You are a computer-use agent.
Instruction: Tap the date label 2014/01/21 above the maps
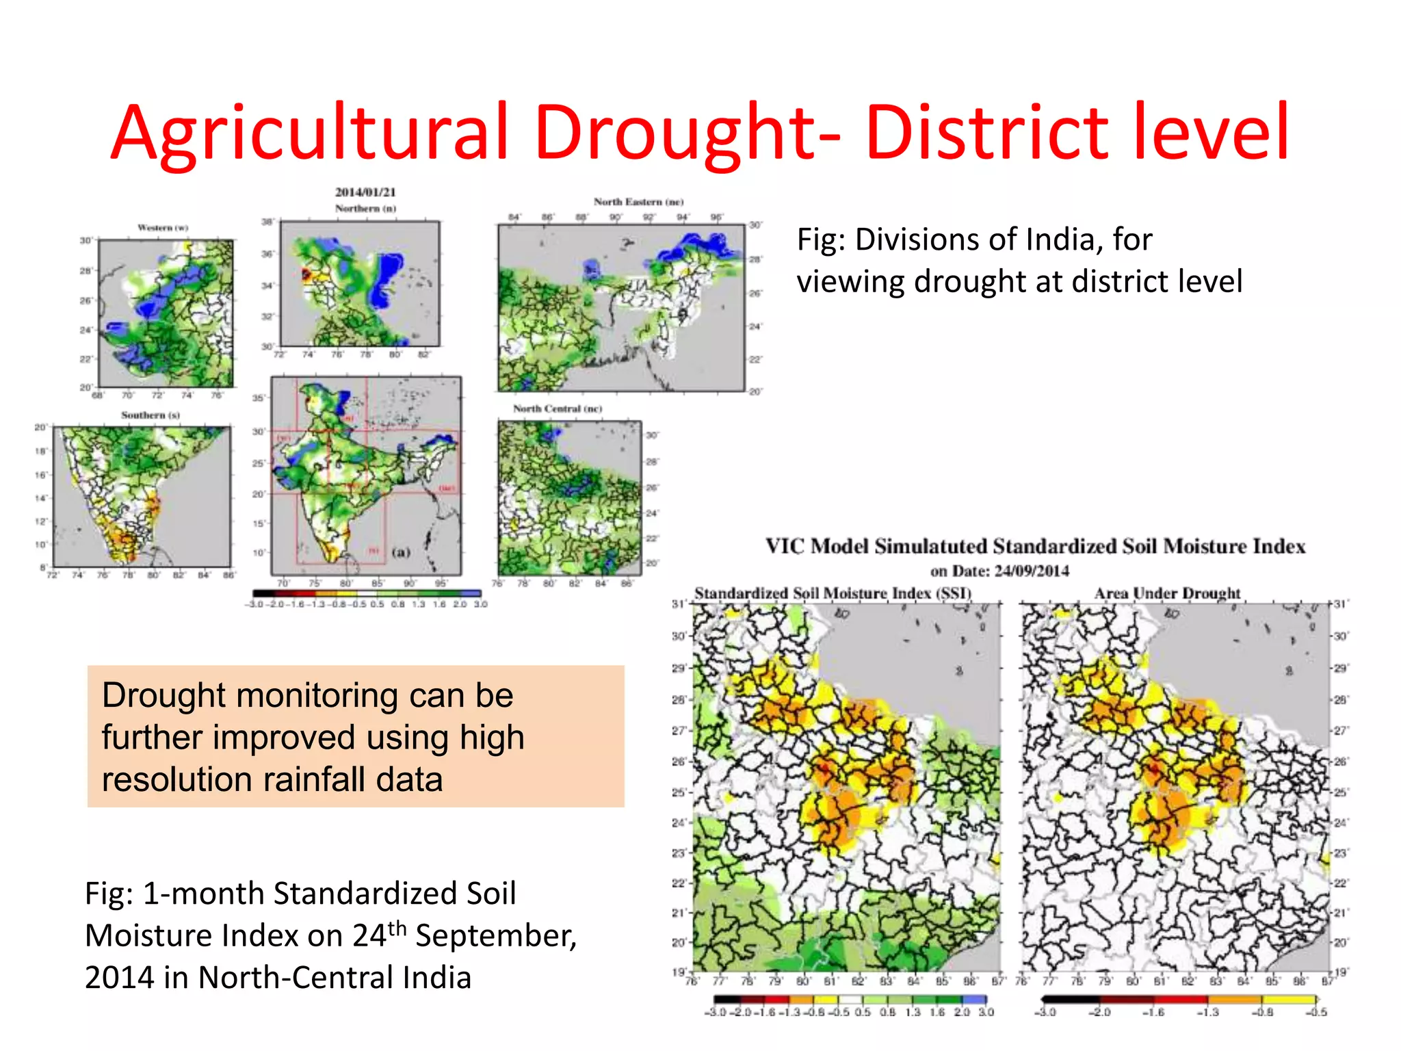coord(365,192)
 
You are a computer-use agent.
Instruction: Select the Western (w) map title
coord(163,227)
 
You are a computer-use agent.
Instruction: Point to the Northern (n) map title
coord(365,208)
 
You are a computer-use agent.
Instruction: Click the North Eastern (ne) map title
coord(638,202)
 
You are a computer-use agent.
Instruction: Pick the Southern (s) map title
coord(150,415)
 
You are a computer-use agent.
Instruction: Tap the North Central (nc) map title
coord(558,408)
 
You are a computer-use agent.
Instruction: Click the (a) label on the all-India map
coord(401,552)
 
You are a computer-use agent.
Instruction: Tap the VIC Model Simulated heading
coord(1035,546)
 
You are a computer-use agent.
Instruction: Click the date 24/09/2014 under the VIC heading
coord(1031,571)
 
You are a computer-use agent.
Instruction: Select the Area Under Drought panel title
coord(1167,593)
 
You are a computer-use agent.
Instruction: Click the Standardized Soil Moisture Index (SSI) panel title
coord(833,593)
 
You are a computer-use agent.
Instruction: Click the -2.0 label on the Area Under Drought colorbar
coord(1099,1012)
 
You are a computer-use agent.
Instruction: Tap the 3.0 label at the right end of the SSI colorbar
coord(986,1012)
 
